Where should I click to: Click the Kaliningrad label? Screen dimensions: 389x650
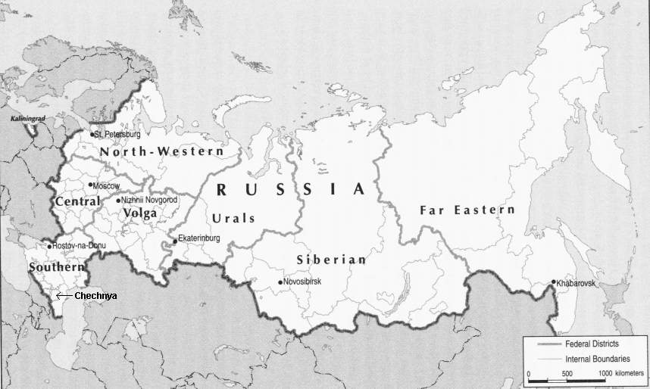click(x=27, y=120)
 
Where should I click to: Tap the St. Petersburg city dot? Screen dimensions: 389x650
click(x=92, y=135)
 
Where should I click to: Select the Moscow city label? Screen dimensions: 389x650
click(x=107, y=185)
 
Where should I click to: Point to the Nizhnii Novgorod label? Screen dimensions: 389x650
click(x=150, y=200)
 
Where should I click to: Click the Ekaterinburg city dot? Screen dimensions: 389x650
click(x=175, y=241)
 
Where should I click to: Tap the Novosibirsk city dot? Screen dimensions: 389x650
click(x=280, y=282)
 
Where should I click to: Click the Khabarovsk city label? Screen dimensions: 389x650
click(x=577, y=283)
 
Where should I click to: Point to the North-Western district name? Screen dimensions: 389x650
click(x=161, y=151)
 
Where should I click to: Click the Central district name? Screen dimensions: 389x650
click(x=77, y=202)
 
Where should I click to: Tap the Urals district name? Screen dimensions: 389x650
click(x=233, y=218)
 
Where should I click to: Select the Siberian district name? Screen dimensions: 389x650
click(x=330, y=260)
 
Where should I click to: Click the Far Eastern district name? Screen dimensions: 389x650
click(x=467, y=210)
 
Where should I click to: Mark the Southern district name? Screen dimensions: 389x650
click(x=55, y=268)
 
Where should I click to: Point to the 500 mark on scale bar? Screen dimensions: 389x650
click(x=567, y=375)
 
